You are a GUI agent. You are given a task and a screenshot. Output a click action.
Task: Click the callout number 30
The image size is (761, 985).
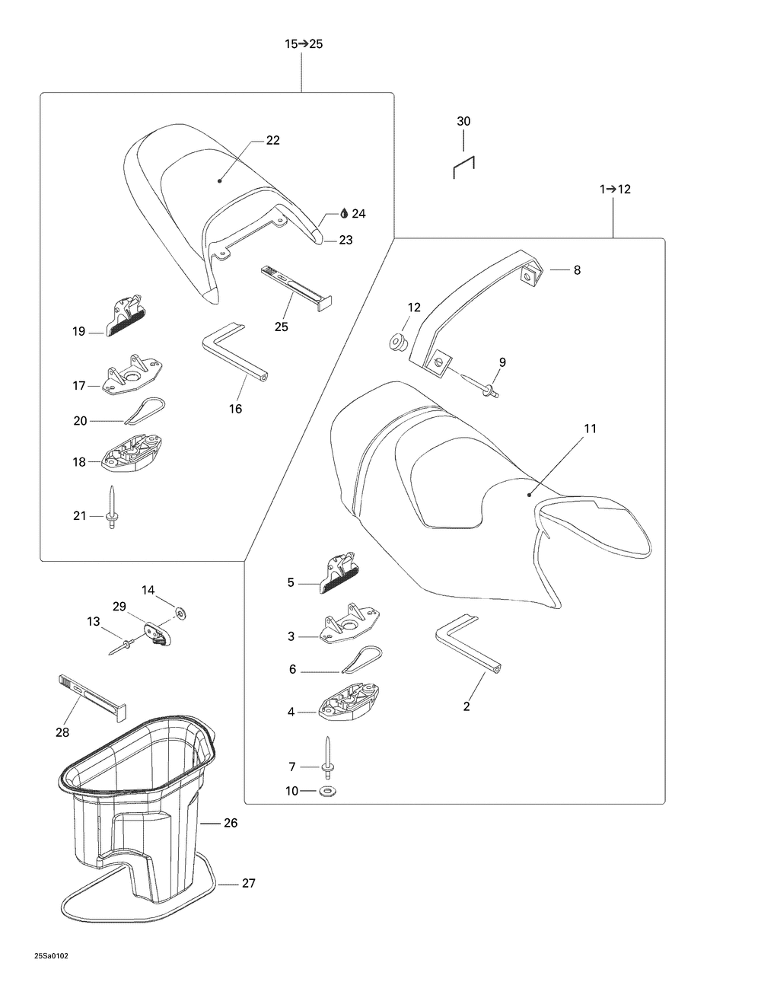point(463,121)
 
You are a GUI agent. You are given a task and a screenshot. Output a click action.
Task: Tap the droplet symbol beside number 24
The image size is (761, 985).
point(344,214)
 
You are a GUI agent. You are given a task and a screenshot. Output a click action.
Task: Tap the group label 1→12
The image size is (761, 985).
point(615,190)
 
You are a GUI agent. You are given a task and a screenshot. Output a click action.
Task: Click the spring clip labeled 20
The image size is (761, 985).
point(145,411)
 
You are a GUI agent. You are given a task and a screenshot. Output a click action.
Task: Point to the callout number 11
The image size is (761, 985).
point(590,429)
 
